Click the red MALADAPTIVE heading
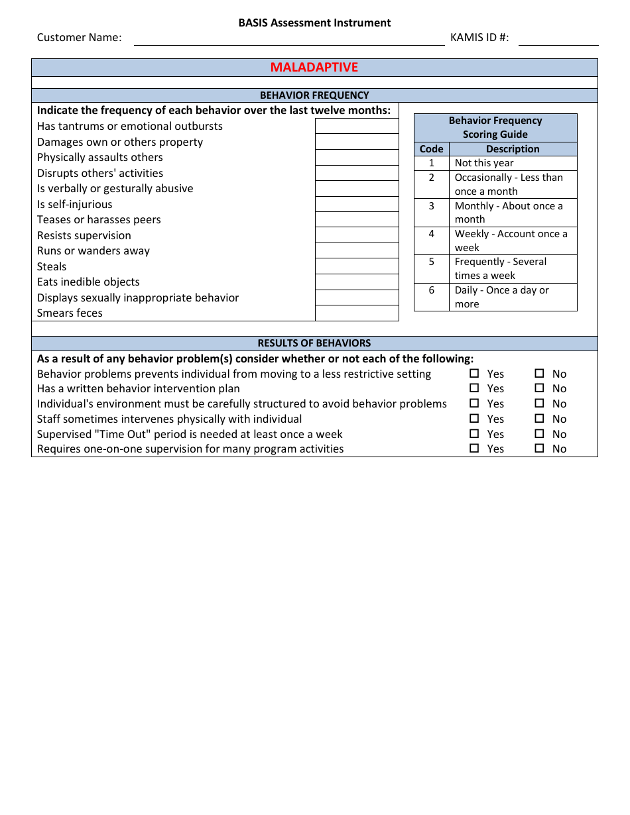314,68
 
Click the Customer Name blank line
289,39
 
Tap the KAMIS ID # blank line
558,39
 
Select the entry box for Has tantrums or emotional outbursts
357,126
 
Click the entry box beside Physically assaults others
357,157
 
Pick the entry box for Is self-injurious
357,204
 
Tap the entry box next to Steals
357,266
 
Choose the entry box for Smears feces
357,313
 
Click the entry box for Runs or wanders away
357,250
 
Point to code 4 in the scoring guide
432,234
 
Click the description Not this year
484,163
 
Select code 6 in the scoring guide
432,290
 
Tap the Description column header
513,149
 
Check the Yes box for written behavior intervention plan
474,388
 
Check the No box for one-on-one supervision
539,449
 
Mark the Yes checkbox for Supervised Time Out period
474,434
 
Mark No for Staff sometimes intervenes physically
539,419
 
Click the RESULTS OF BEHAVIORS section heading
314,343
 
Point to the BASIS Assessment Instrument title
314,23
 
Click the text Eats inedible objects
88,282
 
